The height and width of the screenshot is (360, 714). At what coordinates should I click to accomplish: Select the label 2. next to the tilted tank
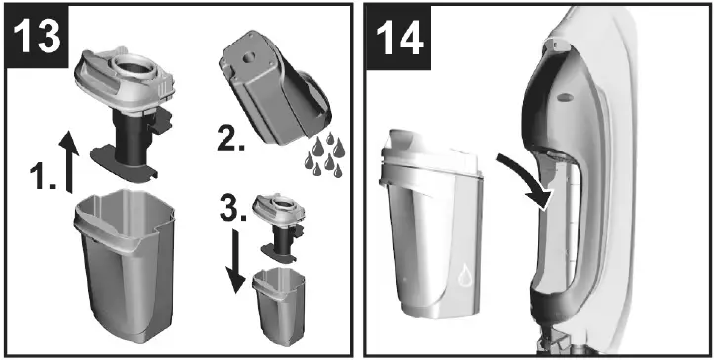click(x=231, y=139)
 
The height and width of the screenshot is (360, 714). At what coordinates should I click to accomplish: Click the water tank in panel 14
click(x=432, y=227)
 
